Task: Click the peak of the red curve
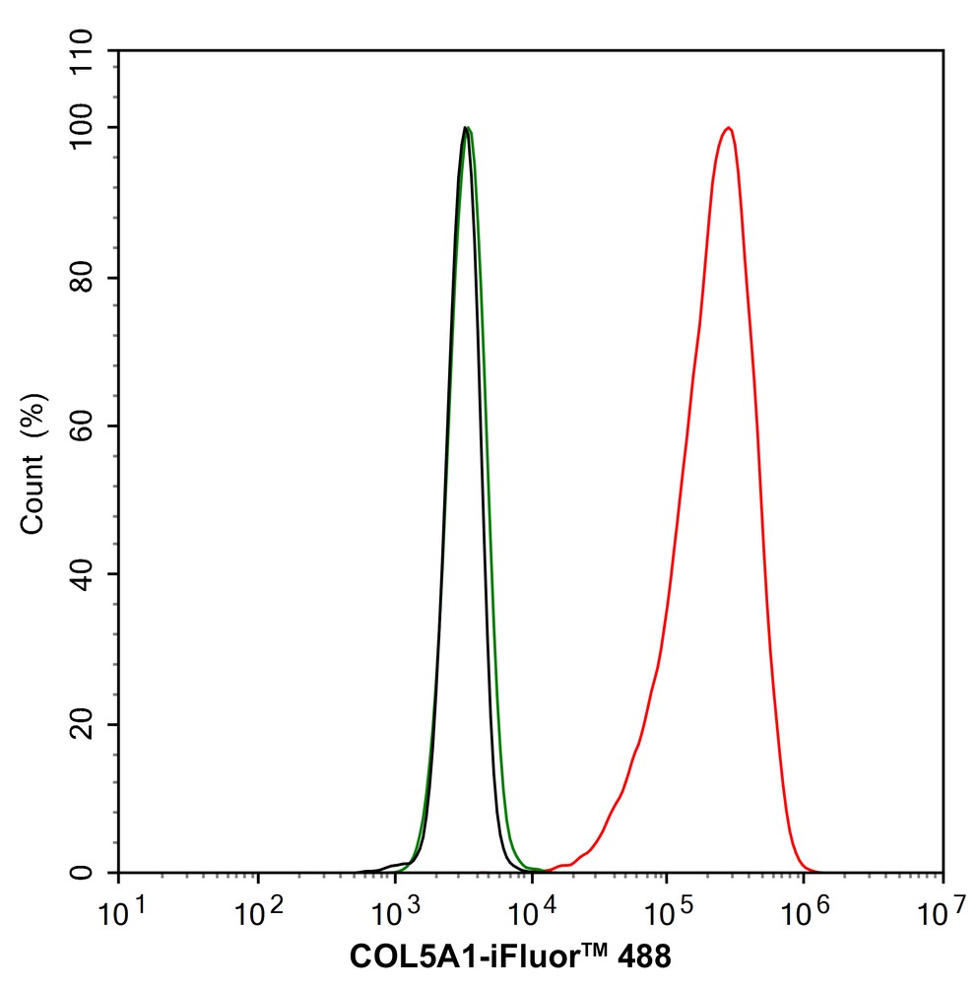[728, 128]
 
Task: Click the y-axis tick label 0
[99, 874]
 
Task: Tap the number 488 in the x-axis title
[644, 955]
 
